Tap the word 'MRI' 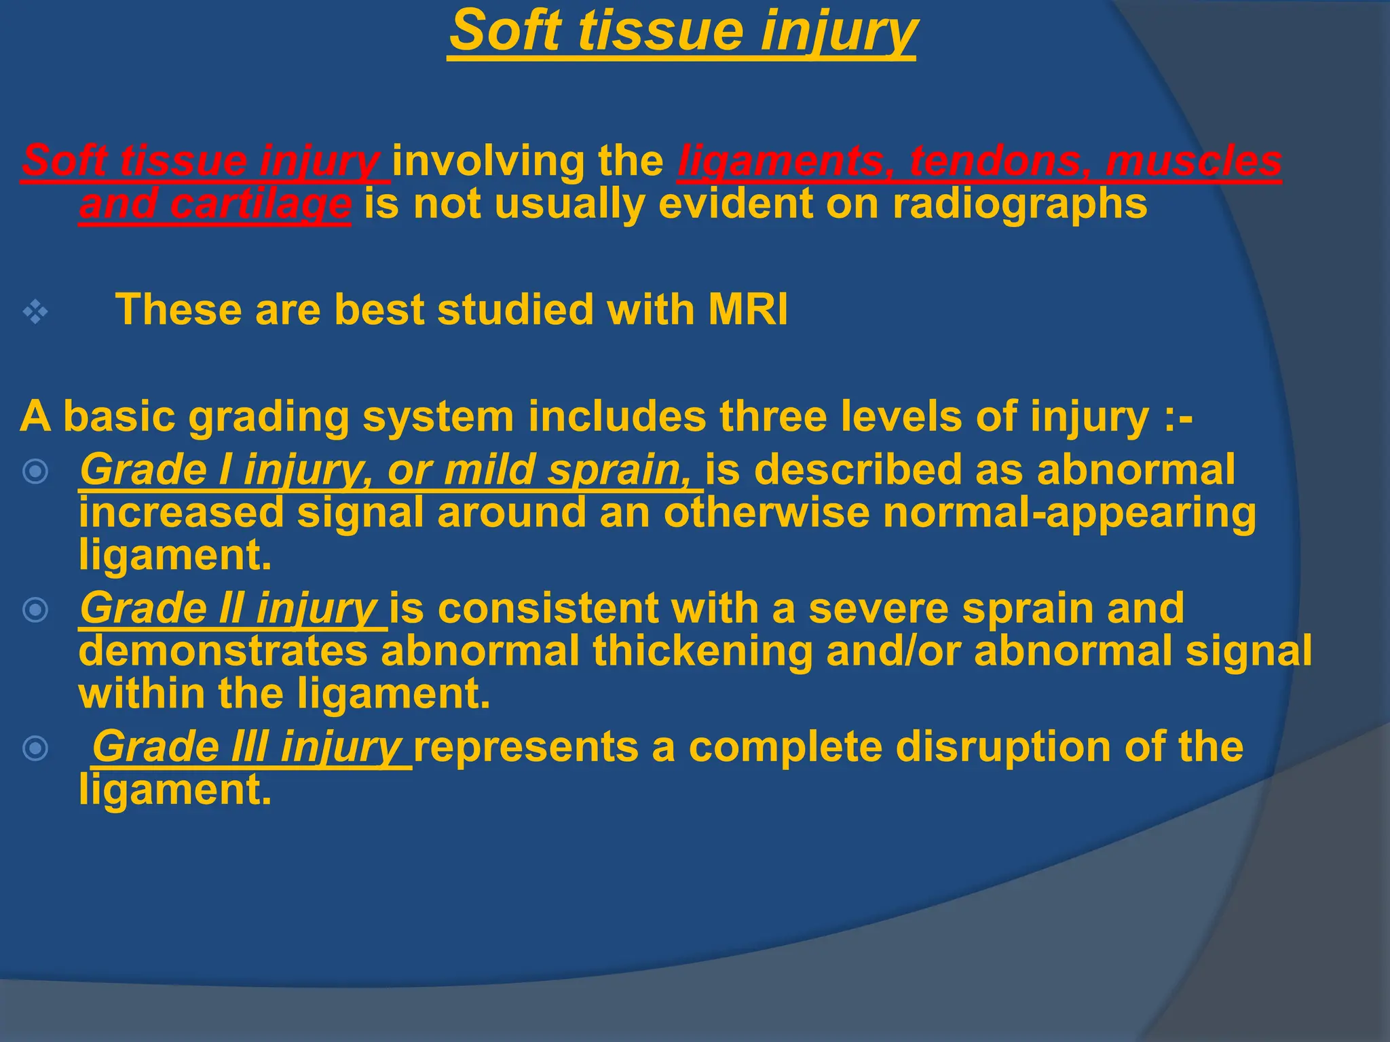click(747, 310)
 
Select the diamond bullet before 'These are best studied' click(35, 312)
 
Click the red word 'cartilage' click(261, 204)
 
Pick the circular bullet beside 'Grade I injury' click(35, 471)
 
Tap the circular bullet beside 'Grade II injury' click(35, 610)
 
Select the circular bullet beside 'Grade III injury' click(35, 748)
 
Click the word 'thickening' click(702, 651)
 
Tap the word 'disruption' click(1002, 747)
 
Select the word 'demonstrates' click(223, 651)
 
